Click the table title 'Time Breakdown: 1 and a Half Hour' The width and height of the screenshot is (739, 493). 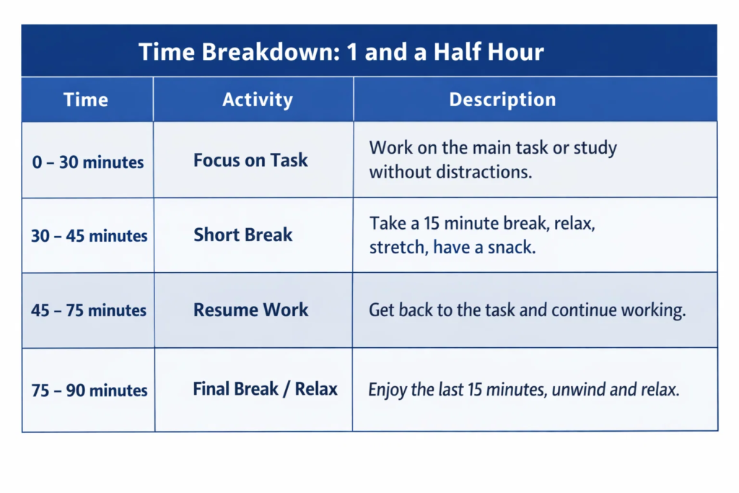click(x=341, y=52)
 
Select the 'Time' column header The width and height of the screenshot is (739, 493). click(x=86, y=100)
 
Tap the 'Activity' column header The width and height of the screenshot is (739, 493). click(x=257, y=100)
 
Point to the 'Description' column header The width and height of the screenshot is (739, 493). click(x=502, y=100)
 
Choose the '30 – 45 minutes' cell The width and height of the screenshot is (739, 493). click(x=89, y=236)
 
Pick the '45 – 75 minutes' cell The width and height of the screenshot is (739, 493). click(x=89, y=311)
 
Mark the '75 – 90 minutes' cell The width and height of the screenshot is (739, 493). click(x=89, y=391)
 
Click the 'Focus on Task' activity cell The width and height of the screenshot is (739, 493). click(x=250, y=160)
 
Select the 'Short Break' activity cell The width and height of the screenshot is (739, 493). click(x=243, y=235)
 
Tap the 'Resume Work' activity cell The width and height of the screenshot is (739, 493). click(x=250, y=310)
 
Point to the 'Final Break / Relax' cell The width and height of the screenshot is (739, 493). click(x=265, y=389)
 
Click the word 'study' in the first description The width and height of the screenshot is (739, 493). click(x=595, y=149)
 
